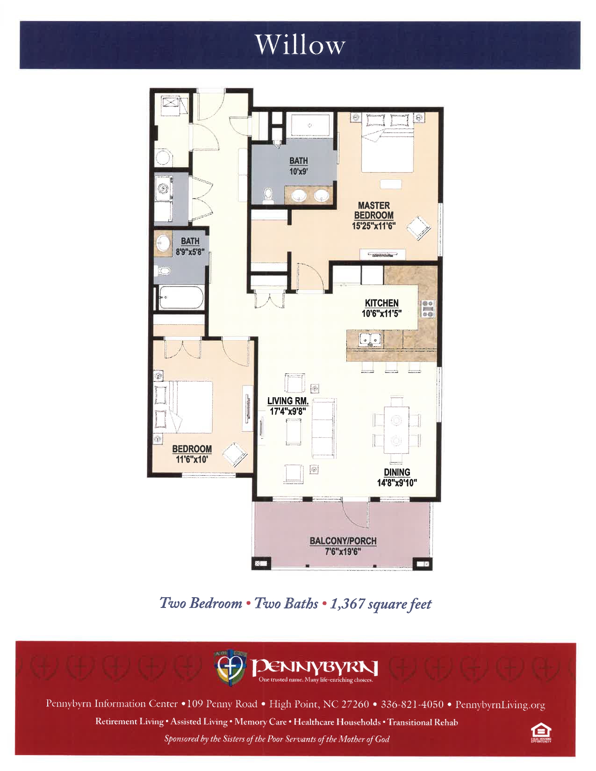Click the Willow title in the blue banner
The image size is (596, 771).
point(300,45)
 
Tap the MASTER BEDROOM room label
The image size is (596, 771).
point(374,210)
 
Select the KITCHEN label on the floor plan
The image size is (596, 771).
point(381,303)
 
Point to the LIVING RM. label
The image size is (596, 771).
point(287,401)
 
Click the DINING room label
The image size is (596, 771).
point(397,472)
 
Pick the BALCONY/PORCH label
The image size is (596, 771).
point(343,541)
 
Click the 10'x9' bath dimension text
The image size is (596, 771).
point(298,171)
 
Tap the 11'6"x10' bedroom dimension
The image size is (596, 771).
point(192,459)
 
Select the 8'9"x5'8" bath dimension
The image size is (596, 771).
point(190,252)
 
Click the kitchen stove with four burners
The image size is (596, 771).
point(427,309)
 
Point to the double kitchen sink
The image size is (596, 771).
point(370,340)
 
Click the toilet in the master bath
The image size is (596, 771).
point(268,196)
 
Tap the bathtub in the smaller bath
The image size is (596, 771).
point(181,298)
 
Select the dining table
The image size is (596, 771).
point(396,430)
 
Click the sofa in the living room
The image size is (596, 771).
point(324,428)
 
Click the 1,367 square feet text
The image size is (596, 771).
point(381,604)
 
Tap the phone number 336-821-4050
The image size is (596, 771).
point(412,704)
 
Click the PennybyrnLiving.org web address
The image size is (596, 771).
point(500,705)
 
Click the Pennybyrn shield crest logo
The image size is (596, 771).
point(230,667)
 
